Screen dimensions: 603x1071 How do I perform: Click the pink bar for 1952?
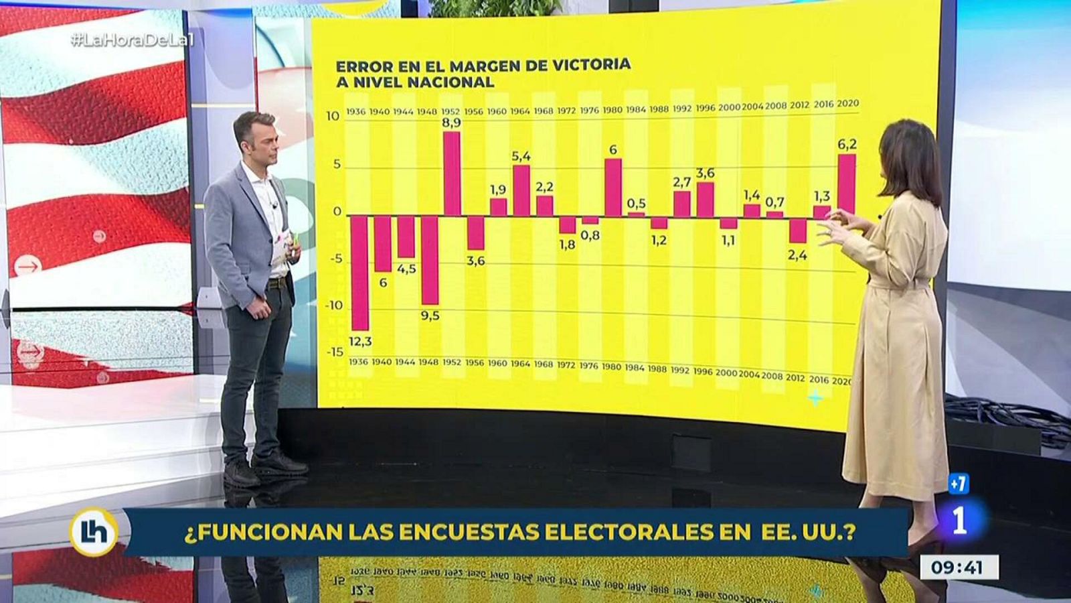click(x=452, y=174)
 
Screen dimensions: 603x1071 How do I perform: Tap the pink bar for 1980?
click(x=613, y=188)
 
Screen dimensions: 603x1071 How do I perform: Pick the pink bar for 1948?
click(x=429, y=259)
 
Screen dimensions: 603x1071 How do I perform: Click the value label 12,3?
click(x=360, y=342)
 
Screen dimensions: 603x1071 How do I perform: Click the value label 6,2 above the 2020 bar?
click(x=847, y=144)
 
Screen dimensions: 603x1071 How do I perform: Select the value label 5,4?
click(x=521, y=156)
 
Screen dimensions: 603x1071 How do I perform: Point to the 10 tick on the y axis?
click(x=333, y=116)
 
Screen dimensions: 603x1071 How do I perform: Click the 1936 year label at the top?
click(x=355, y=111)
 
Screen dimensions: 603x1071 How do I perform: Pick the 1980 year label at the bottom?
click(x=611, y=366)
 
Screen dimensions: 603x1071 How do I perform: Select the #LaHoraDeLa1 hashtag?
click(x=132, y=40)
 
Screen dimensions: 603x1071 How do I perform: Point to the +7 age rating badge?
click(x=959, y=484)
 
